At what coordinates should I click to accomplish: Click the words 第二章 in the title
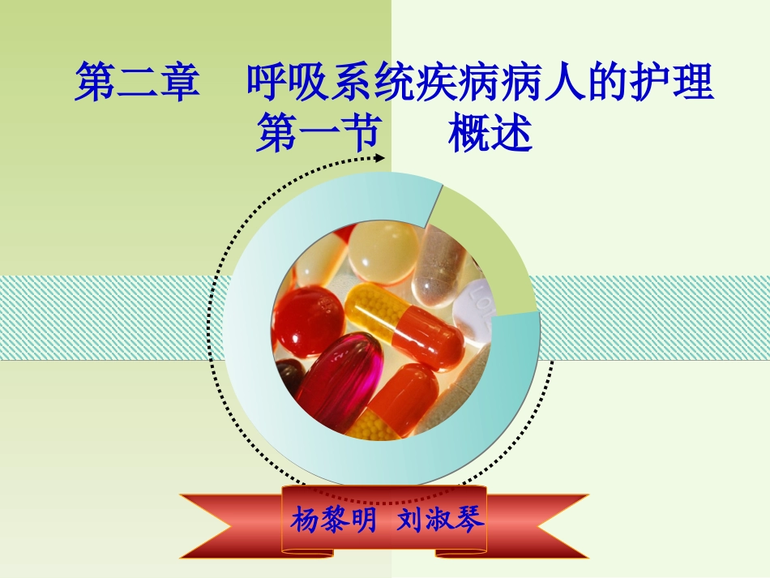(x=137, y=84)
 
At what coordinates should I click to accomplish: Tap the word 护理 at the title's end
(x=673, y=84)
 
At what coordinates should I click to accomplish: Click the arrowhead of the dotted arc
(x=379, y=158)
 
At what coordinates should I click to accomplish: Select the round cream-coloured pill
(x=384, y=250)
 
